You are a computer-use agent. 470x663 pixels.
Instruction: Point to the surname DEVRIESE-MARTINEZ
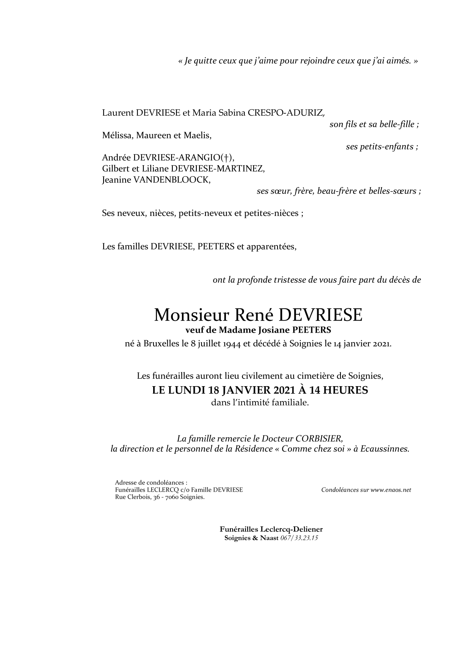coord(223,169)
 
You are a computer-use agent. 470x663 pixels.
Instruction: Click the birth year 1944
coord(231,344)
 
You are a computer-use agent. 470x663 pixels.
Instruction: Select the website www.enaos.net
coord(390,490)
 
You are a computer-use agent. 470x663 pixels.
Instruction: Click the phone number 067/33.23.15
coord(299,538)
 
